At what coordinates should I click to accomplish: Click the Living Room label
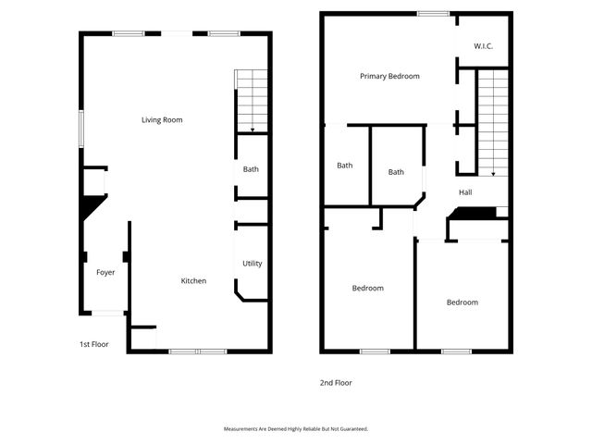tap(162, 119)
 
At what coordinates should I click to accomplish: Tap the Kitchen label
tap(193, 281)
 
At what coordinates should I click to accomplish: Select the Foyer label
tap(105, 272)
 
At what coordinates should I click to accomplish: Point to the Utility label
tap(252, 264)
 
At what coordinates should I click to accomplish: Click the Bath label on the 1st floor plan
tap(251, 169)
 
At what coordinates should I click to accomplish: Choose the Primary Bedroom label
tap(389, 76)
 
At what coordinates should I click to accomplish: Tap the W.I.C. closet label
tap(484, 45)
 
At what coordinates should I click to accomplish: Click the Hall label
tap(465, 192)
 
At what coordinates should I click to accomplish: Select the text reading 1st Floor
tap(93, 344)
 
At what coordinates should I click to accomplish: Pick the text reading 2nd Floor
tap(336, 382)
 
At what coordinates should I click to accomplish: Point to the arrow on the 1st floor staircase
tap(253, 129)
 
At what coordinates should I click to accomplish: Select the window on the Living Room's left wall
tap(80, 128)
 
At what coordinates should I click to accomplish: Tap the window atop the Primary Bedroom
tap(433, 13)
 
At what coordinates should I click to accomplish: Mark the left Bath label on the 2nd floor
tap(344, 166)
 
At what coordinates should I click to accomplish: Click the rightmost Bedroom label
tap(462, 302)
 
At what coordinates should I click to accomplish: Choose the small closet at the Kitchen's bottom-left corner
tap(142, 338)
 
